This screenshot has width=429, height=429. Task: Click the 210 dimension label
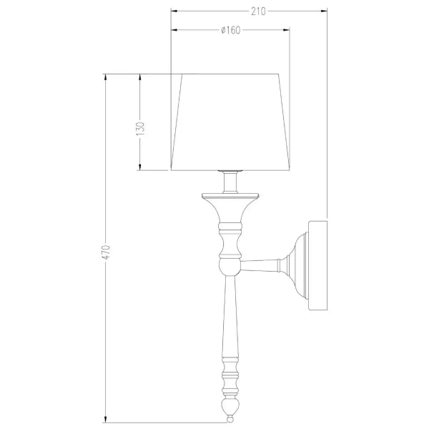(x=258, y=11)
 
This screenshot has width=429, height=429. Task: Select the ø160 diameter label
(x=231, y=30)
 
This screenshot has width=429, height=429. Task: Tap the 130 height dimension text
(x=140, y=129)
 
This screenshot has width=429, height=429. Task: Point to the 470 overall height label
(x=106, y=252)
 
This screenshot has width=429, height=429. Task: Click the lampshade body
(x=230, y=122)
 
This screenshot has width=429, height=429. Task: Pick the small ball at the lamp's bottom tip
(x=230, y=419)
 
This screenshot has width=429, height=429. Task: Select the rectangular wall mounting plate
(x=317, y=265)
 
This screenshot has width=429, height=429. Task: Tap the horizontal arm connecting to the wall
(x=260, y=266)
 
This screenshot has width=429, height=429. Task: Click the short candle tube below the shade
(x=230, y=182)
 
